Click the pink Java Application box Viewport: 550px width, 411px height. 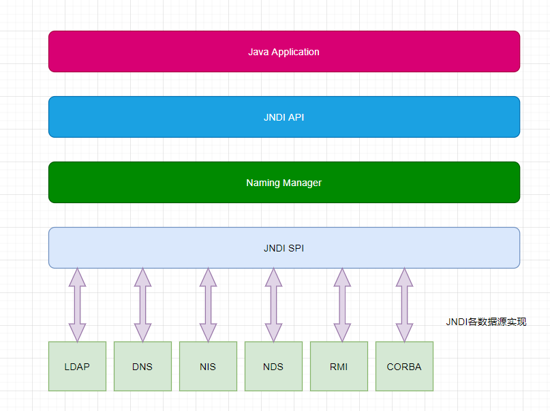284,52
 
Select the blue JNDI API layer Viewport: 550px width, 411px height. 284,117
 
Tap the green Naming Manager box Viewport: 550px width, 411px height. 284,183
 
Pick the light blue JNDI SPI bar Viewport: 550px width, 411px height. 284,248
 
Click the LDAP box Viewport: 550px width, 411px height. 77,367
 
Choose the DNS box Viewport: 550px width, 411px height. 142,367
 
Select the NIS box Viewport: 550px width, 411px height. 208,367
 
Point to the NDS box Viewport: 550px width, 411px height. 273,367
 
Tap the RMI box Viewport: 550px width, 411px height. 339,367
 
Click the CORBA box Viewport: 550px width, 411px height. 404,367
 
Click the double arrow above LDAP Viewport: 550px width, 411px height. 77,305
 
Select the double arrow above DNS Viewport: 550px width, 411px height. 142,305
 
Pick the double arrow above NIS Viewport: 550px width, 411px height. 208,305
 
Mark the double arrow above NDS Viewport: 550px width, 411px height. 273,305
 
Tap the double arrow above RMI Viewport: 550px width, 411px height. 339,305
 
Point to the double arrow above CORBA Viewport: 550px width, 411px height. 404,305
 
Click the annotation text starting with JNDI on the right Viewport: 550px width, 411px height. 486,322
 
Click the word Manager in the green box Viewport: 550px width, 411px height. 302,183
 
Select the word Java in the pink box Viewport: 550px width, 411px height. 258,52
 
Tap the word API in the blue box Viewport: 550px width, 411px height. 296,117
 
